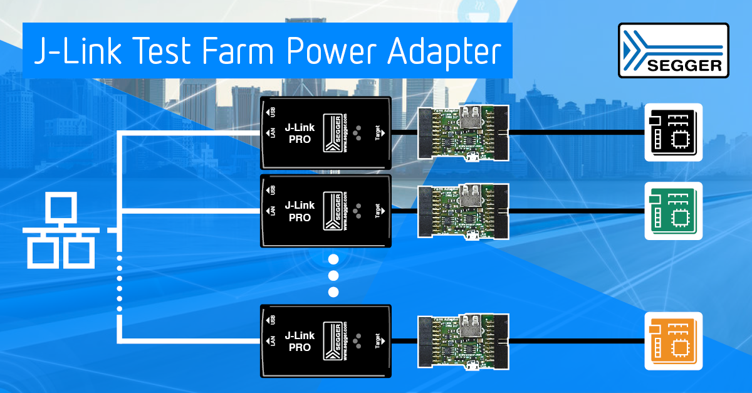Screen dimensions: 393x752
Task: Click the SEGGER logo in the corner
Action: (674, 51)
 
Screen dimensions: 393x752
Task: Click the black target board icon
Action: (674, 132)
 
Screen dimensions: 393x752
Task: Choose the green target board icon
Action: (674, 211)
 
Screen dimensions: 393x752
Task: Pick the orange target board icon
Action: (674, 340)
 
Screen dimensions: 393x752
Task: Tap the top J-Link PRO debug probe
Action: (326, 133)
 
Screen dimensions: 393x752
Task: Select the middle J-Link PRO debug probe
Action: (326, 211)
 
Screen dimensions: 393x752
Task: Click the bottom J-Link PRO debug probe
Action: (326, 340)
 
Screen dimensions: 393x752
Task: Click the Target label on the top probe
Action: (377, 133)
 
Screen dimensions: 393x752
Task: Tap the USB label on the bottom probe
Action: (271, 320)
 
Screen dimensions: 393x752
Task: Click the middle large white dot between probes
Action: (333, 276)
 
